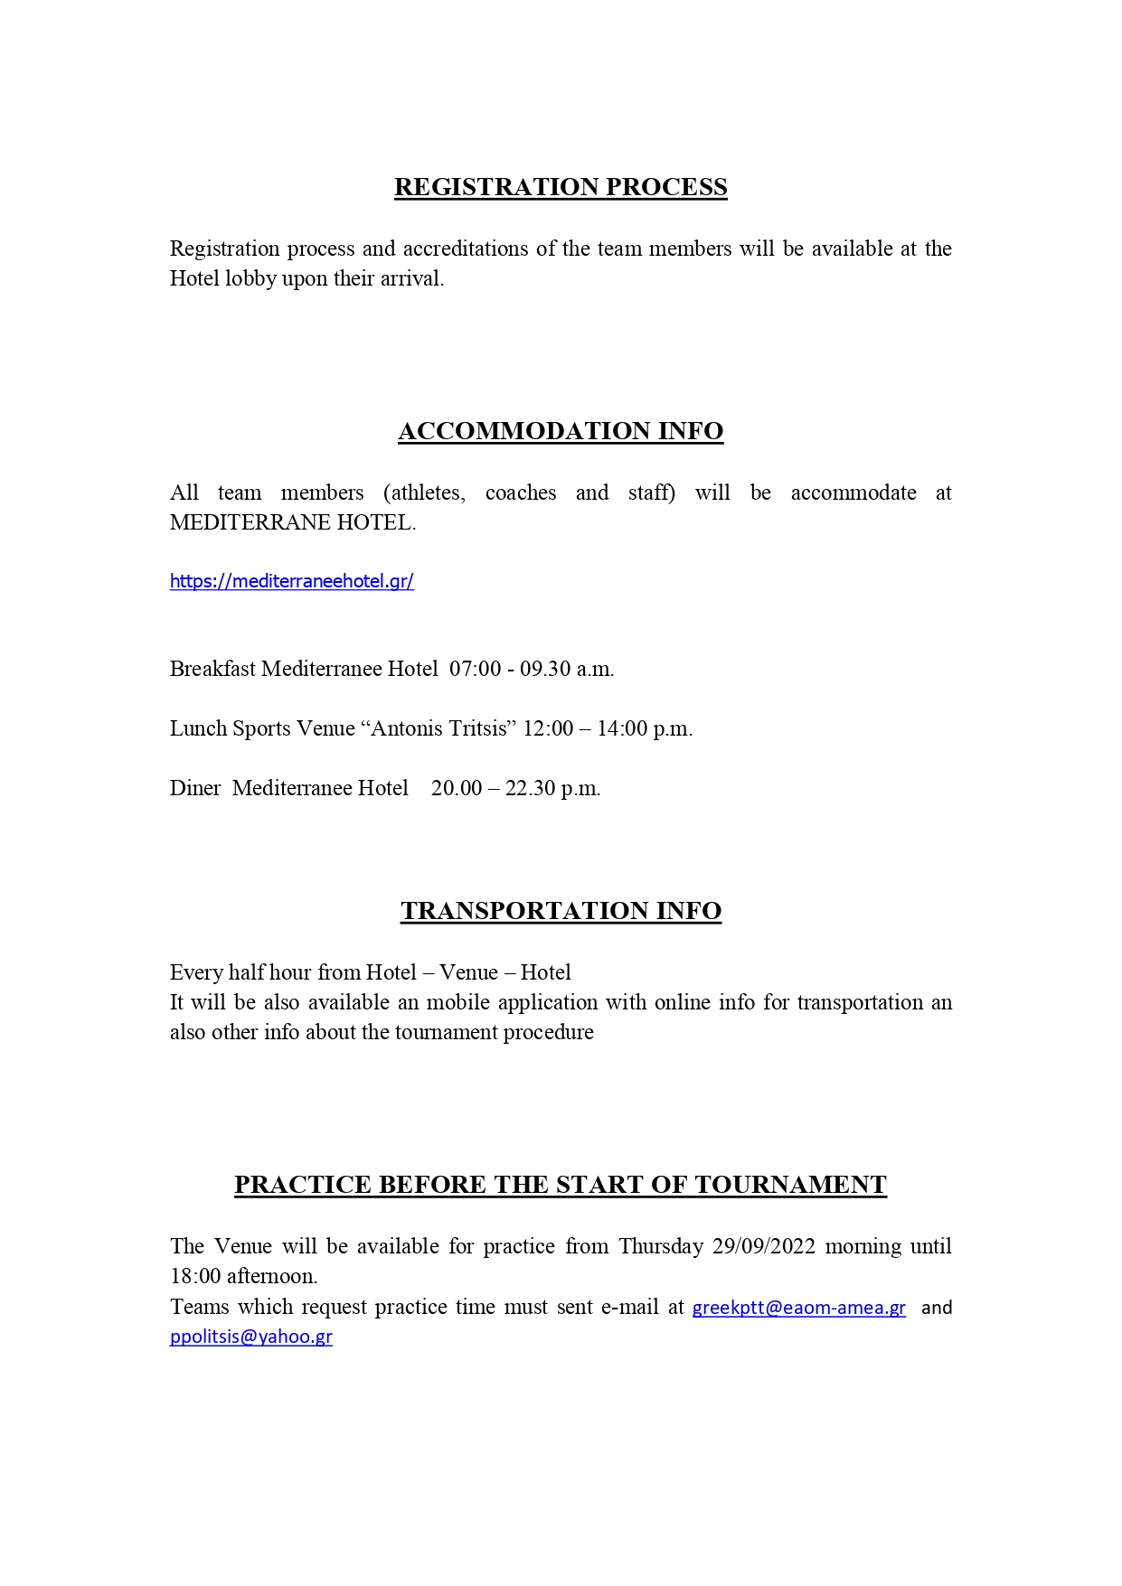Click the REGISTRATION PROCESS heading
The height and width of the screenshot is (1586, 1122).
[x=561, y=187]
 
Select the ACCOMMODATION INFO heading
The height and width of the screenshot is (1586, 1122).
[x=561, y=431]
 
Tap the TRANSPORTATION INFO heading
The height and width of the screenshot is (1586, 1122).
[x=561, y=911]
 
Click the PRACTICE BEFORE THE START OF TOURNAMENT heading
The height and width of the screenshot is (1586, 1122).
[x=561, y=1185]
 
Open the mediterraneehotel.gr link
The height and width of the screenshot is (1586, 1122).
[x=292, y=581]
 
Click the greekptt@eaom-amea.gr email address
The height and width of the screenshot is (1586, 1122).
[x=798, y=1308]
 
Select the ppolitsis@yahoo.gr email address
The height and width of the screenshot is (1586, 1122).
[x=251, y=1337]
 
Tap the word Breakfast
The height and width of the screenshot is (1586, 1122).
[x=212, y=669]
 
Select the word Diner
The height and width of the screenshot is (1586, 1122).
[x=195, y=788]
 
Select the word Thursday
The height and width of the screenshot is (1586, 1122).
[x=661, y=1246]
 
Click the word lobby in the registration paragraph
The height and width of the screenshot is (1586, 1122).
[x=251, y=278]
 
